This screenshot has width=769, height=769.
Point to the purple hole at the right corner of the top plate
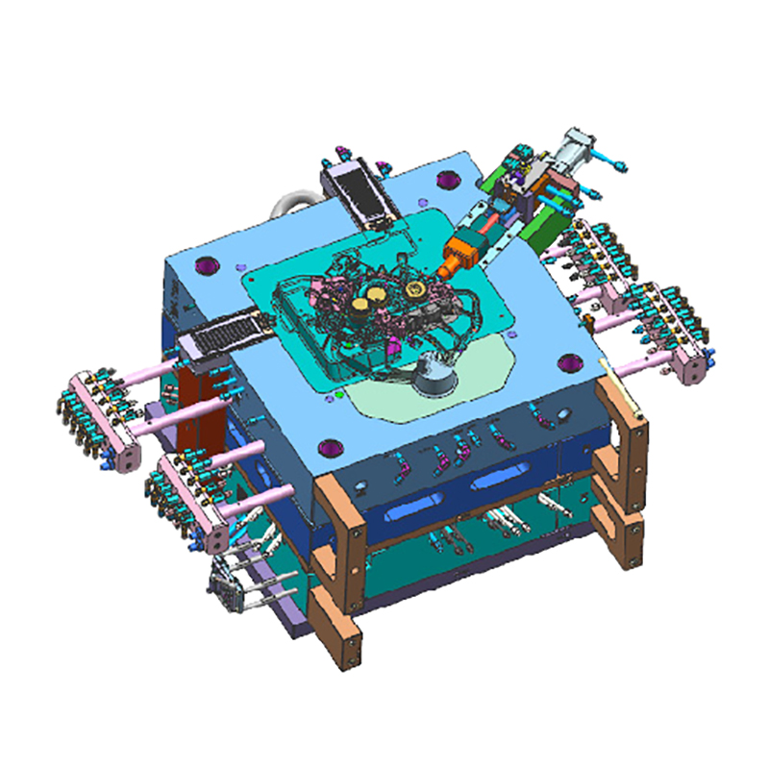pos(576,363)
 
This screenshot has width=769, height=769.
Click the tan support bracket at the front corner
pos(341,567)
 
